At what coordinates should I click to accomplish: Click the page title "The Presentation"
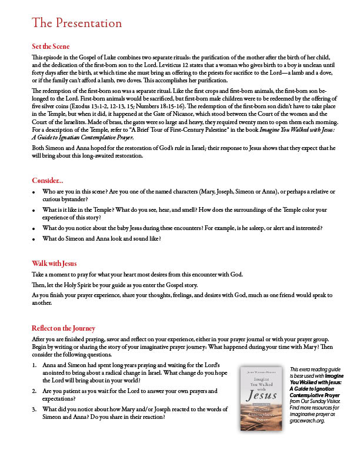point(77,24)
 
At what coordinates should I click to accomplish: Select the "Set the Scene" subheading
point(51,46)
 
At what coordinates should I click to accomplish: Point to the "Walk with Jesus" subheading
point(54,263)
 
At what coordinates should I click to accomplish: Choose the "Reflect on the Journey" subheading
point(64,328)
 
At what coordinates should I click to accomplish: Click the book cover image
point(259,399)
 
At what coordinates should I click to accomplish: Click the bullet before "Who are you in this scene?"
point(34,192)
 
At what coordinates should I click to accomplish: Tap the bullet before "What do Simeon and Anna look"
point(34,238)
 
